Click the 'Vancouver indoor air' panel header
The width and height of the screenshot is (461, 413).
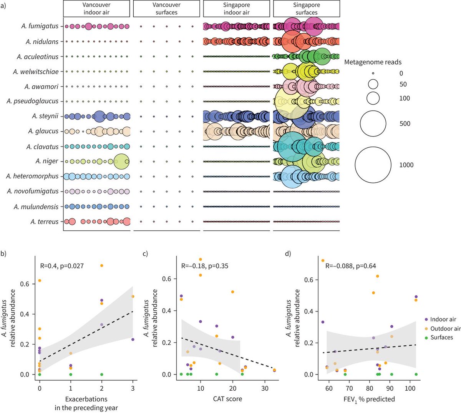96,8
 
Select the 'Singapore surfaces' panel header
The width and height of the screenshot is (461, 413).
306,8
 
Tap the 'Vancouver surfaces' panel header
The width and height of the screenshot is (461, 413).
166,8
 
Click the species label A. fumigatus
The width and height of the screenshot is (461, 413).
40,26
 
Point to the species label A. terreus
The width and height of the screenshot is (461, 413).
45,221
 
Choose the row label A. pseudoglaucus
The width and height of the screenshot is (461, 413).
33,101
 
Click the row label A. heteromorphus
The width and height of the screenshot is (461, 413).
33,176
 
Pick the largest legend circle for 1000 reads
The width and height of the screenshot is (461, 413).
373,165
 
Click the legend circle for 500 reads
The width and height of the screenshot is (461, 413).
373,123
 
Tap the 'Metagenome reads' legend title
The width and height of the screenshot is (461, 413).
373,62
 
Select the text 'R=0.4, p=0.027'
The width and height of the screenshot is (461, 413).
62,266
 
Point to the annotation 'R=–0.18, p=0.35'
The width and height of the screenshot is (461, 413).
204,266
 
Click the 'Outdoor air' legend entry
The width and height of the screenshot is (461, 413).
445,328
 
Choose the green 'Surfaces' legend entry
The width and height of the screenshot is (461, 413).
441,337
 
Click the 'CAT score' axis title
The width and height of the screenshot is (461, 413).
227,399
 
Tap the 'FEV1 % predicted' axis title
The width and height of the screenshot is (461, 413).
369,399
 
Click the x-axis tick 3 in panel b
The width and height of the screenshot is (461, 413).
133,388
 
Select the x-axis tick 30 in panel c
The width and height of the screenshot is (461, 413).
264,388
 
